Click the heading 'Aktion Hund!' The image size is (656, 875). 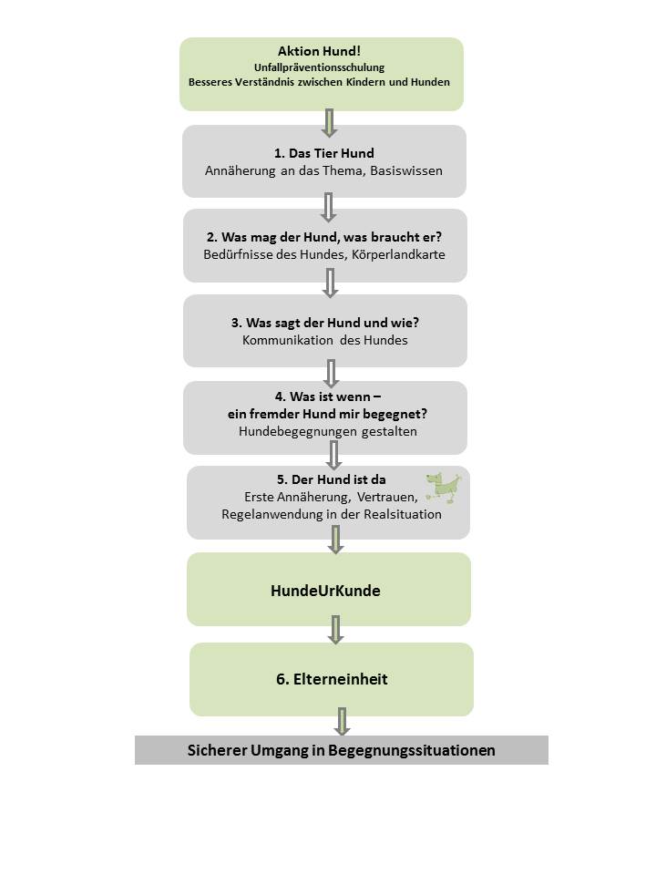[x=319, y=51]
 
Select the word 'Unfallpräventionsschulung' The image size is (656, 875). [x=319, y=67]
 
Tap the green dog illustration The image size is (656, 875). [x=443, y=487]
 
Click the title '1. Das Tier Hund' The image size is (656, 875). [x=324, y=153]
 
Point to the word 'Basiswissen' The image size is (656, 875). [x=406, y=170]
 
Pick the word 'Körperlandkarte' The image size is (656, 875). [x=398, y=254]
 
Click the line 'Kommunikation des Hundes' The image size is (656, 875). [x=324, y=340]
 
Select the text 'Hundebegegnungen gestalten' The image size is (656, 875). [x=327, y=431]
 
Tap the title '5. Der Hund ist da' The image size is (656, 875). [x=332, y=480]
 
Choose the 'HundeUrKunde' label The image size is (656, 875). [x=325, y=591]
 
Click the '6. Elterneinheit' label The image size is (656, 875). [x=332, y=679]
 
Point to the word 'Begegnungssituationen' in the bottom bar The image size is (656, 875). [x=411, y=750]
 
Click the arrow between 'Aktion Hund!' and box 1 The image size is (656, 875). [x=329, y=123]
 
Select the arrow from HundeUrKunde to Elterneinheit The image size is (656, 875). [x=335, y=630]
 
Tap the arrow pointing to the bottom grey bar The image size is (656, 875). [x=342, y=722]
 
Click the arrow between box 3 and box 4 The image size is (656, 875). [x=331, y=374]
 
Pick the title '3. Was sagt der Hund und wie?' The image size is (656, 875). [x=324, y=323]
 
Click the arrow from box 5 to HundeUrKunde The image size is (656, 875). [x=335, y=540]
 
